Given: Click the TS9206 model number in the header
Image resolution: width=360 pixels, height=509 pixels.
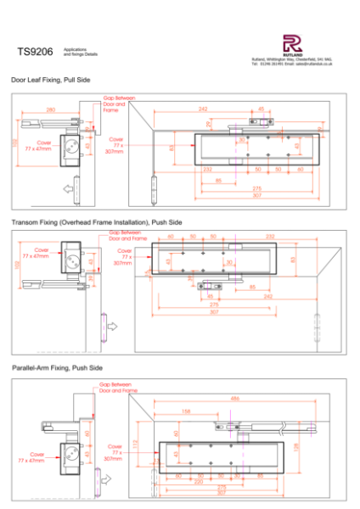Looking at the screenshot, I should pyautogui.click(x=35, y=52).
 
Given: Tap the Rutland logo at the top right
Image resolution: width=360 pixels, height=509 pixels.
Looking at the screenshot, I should pyautogui.click(x=291, y=44).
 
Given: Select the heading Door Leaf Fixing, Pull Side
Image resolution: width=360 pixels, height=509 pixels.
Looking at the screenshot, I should pyautogui.click(x=50, y=78).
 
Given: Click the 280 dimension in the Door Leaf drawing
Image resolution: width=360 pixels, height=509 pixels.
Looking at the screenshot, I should pyautogui.click(x=51, y=110).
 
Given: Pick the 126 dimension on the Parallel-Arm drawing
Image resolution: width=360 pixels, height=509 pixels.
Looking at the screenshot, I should pyautogui.click(x=321, y=446).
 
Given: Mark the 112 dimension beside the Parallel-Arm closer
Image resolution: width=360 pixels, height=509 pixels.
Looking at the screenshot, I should pyautogui.click(x=135, y=442).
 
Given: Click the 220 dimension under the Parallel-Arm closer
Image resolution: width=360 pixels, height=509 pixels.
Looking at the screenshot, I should pyautogui.click(x=199, y=481).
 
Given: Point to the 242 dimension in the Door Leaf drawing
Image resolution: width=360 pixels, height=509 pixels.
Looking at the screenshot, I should pyautogui.click(x=202, y=109).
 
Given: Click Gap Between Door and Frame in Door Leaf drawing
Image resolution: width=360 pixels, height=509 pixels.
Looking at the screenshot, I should pyautogui.click(x=114, y=103).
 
